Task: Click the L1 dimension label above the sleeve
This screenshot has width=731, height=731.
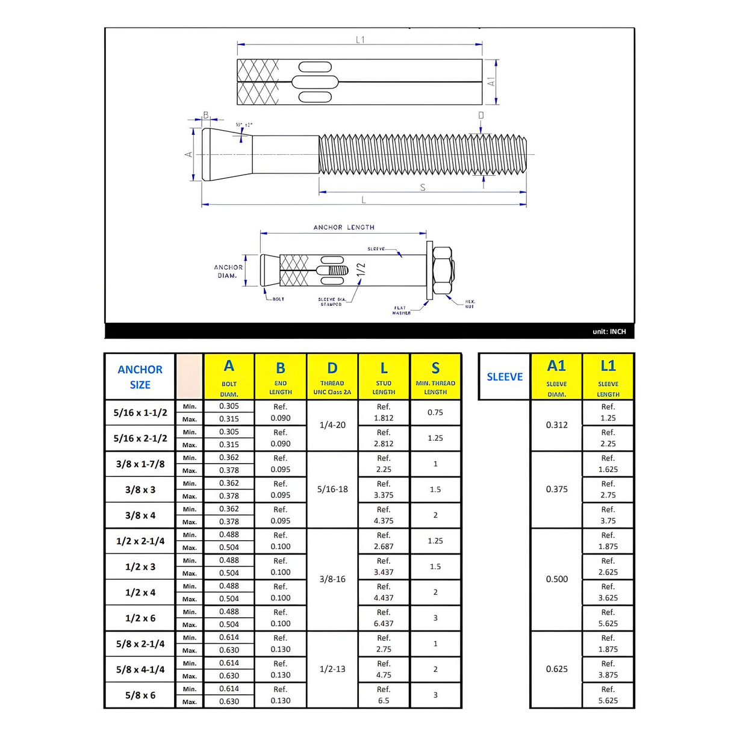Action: coord(360,40)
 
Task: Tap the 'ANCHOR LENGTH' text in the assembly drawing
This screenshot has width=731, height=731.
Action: coord(344,228)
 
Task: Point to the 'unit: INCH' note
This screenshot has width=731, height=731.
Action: coord(609,332)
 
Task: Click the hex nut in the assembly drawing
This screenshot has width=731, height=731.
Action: coord(443,270)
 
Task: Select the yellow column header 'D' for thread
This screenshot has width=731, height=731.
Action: coord(332,377)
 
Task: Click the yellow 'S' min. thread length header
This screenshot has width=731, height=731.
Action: coord(435,377)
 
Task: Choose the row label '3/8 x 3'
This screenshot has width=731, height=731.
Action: coord(140,490)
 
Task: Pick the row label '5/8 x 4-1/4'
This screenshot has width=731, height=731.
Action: coord(140,670)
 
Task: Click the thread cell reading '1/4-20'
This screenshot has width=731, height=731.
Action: coord(332,425)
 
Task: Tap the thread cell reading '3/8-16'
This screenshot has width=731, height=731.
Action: coord(332,579)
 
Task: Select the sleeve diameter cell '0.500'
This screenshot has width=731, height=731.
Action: coord(556,579)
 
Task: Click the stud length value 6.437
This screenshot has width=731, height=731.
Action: coord(384,624)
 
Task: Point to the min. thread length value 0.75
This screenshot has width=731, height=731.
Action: coord(435,412)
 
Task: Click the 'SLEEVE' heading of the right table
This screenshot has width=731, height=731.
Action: coord(505,377)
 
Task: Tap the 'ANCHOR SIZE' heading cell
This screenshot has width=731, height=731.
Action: coord(140,377)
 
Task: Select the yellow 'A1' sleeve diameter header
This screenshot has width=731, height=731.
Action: coord(556,377)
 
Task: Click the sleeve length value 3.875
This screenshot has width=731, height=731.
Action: coord(608,675)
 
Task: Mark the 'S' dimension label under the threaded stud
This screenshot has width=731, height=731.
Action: coord(423,188)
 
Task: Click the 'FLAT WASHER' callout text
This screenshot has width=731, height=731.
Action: coord(401,311)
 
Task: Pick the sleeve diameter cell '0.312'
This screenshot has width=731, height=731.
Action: coord(556,425)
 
